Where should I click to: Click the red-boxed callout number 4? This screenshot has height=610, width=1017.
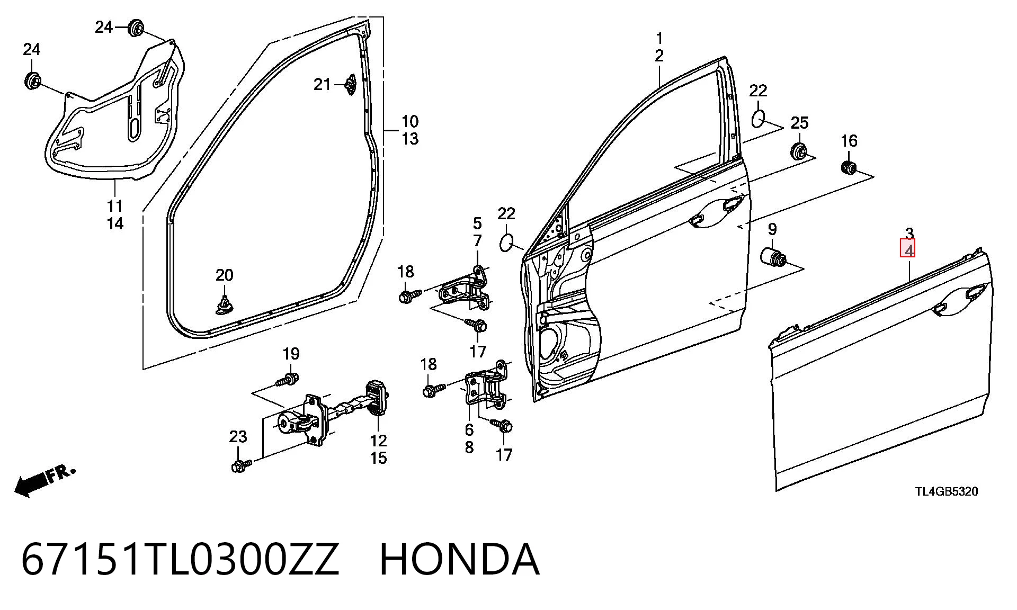908,249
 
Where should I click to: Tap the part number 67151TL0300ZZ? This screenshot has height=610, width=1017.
180,559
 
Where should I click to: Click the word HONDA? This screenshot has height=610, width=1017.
459,559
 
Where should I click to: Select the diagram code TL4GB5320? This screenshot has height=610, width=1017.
947,491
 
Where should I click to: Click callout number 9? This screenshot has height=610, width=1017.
772,229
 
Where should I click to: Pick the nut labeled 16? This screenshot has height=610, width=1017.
849,167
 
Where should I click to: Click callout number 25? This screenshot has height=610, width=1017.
799,123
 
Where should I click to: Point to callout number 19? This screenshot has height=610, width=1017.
291,353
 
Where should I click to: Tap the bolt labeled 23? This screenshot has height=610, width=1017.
241,465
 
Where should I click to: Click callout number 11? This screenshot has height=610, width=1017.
115,205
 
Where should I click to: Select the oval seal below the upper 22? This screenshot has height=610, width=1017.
759,119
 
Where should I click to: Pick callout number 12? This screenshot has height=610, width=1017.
378,440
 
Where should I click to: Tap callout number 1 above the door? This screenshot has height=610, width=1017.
659,38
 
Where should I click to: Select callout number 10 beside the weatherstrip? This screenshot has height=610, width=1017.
409,121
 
